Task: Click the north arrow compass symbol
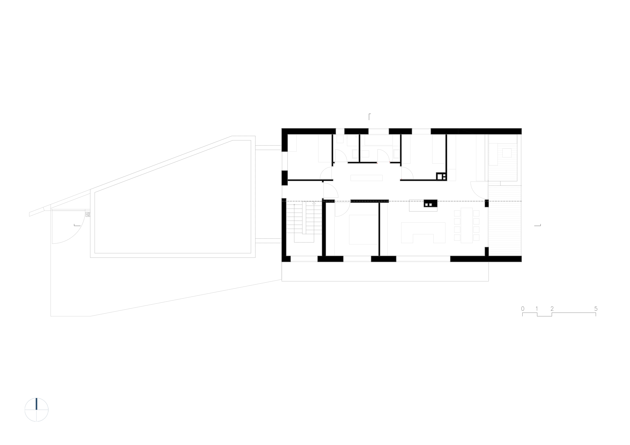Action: [36, 410]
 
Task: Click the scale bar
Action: [559, 312]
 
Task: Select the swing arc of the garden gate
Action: [73, 230]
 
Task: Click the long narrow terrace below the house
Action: [386, 271]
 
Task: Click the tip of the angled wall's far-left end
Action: [30, 214]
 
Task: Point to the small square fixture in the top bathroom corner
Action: [340, 139]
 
